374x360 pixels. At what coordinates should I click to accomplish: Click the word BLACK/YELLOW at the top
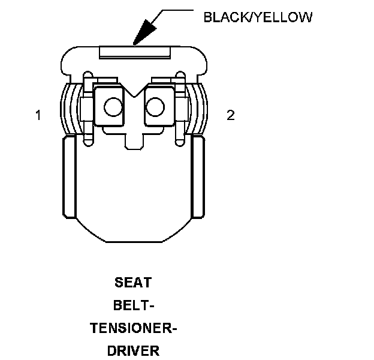click(258, 17)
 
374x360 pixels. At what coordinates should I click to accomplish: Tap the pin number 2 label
click(231, 116)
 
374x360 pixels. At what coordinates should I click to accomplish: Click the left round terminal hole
click(111, 107)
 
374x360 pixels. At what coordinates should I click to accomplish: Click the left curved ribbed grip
click(70, 108)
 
